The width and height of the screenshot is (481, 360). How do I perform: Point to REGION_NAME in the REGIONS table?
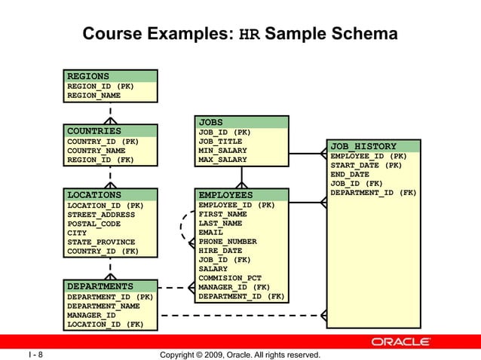click(93, 96)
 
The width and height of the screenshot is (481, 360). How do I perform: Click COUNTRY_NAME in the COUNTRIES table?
click(96, 151)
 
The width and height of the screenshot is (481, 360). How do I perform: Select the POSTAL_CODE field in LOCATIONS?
click(93, 224)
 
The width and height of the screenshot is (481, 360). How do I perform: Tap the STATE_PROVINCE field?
click(98, 242)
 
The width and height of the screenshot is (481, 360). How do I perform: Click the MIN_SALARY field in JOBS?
click(222, 151)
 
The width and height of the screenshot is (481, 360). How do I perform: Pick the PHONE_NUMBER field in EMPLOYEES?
click(227, 242)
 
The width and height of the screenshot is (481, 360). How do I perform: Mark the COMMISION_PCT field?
click(229, 278)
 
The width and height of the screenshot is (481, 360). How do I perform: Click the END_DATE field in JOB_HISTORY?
click(350, 174)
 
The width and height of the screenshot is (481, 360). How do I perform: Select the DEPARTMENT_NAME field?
click(103, 307)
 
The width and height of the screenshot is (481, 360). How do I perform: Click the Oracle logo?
click(400, 342)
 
